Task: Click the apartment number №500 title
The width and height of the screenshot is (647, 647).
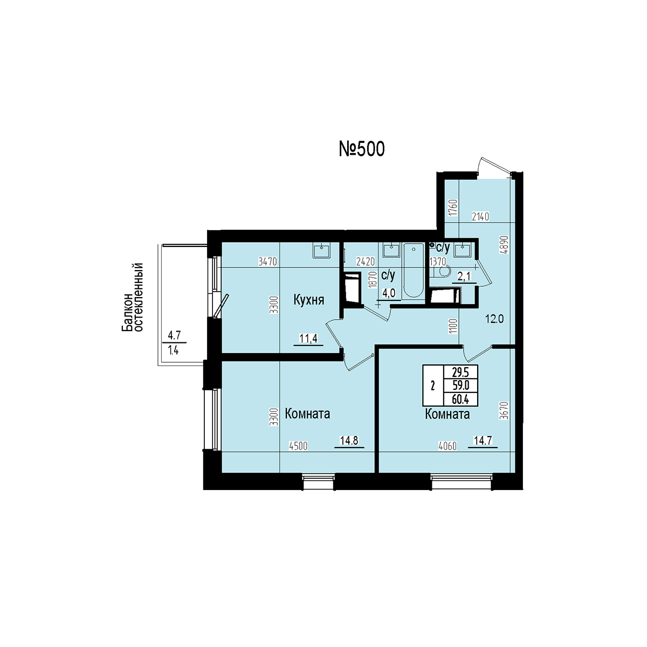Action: click(362, 149)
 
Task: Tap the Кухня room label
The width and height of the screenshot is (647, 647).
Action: click(309, 300)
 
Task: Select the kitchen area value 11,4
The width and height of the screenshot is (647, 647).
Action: click(308, 338)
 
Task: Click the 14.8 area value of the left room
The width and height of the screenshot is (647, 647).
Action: click(349, 440)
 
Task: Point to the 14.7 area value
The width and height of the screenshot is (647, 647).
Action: click(483, 440)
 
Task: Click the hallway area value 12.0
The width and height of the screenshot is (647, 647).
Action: click(494, 319)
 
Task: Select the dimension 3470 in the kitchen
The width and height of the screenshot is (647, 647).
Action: click(267, 261)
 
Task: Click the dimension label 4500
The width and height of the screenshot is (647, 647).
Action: click(298, 446)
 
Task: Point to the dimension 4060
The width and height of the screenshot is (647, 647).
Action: click(448, 446)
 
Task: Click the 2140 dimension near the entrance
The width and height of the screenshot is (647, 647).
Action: click(480, 217)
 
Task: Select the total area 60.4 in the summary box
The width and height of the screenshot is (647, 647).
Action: click(460, 400)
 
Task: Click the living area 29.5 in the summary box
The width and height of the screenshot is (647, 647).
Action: click(460, 372)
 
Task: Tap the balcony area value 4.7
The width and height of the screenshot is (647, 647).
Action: click(174, 335)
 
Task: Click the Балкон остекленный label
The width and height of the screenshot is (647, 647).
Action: click(133, 298)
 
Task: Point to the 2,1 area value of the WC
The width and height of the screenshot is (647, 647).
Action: click(465, 277)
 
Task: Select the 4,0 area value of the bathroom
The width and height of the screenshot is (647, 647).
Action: click(389, 293)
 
